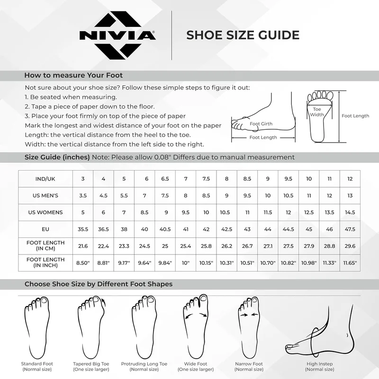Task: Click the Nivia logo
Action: pyautogui.click(x=117, y=36)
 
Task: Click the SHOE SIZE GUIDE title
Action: pyautogui.click(x=243, y=35)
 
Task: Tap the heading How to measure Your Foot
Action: pyautogui.click(x=73, y=75)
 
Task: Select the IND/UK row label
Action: pyautogui.click(x=45, y=179)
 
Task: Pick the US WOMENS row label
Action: pyautogui.click(x=45, y=212)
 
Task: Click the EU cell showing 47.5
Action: pyautogui.click(x=350, y=229)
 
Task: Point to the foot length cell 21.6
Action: pyautogui.click(x=82, y=246)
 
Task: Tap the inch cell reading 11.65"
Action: pyautogui.click(x=350, y=263)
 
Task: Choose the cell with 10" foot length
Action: pyautogui.click(x=186, y=263)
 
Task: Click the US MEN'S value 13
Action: pyautogui.click(x=350, y=196)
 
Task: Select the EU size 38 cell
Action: pyautogui.click(x=124, y=229)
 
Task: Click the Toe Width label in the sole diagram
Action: pyautogui.click(x=317, y=112)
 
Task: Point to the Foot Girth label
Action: pyautogui.click(x=261, y=124)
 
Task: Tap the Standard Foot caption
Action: pyautogui.click(x=37, y=366)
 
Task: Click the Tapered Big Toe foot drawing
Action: pyautogui.click(x=91, y=326)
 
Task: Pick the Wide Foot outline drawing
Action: pyautogui.click(x=195, y=326)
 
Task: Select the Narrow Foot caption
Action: pyautogui.click(x=249, y=366)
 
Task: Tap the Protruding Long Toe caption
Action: pyautogui.click(x=144, y=366)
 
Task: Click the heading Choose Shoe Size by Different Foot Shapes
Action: pyautogui.click(x=99, y=284)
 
